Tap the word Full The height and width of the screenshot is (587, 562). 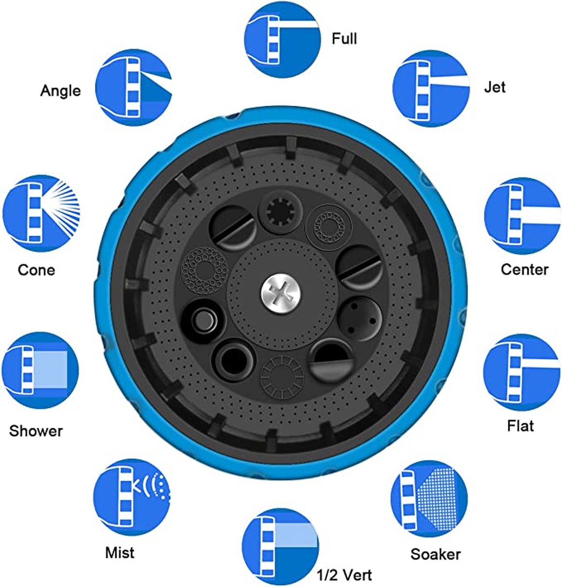344,39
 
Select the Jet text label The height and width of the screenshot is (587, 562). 495,87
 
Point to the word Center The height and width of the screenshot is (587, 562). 525,270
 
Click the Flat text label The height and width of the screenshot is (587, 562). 520,426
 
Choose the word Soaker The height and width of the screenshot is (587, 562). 436,554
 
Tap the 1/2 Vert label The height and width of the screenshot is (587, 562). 344,575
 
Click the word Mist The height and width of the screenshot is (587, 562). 120,552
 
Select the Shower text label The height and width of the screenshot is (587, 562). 36,431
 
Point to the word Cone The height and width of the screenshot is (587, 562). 36,270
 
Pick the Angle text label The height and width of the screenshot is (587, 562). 60,90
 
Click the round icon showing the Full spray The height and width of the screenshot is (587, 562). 282,40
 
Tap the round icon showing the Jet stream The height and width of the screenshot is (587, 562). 431,88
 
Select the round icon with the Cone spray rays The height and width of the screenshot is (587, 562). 41,213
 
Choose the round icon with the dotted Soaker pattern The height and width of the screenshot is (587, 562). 429,498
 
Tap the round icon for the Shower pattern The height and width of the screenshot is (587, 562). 40,370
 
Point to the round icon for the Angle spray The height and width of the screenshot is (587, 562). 134,88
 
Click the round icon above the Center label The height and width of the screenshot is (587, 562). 522,215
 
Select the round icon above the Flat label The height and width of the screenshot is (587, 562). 521,372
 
